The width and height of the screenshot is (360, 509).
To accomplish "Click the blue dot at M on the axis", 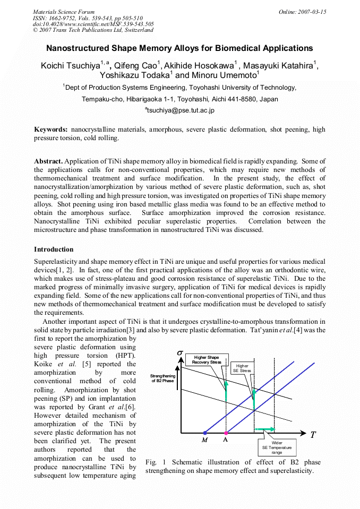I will coord(205,433).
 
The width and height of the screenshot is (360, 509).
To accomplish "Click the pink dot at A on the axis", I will coord(226,433).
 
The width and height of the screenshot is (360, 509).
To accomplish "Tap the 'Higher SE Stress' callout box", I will coord(242,368).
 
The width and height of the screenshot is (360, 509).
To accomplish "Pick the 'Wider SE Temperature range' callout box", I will coord(277,446).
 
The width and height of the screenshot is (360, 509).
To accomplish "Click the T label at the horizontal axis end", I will coord(313,435).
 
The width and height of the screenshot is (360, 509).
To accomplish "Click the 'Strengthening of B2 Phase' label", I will coord(162,378).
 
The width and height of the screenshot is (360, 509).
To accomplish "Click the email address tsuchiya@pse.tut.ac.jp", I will coord(179,110).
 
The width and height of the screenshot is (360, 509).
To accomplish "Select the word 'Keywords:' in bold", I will coord(51,130).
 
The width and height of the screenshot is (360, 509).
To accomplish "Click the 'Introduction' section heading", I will coord(54,249).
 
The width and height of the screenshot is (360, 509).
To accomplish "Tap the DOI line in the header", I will coord(93,24).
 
